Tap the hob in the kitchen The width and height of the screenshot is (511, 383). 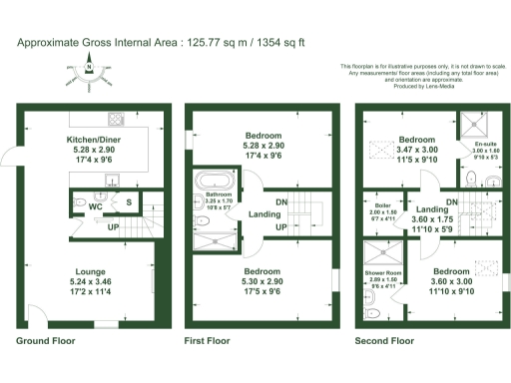(115, 114)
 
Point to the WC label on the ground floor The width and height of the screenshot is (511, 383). (96, 207)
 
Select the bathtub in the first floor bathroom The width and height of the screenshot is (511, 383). (212, 182)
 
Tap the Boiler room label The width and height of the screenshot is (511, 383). (383, 205)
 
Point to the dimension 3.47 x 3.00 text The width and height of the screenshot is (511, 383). (417, 149)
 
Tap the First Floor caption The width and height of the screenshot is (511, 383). (207, 340)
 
